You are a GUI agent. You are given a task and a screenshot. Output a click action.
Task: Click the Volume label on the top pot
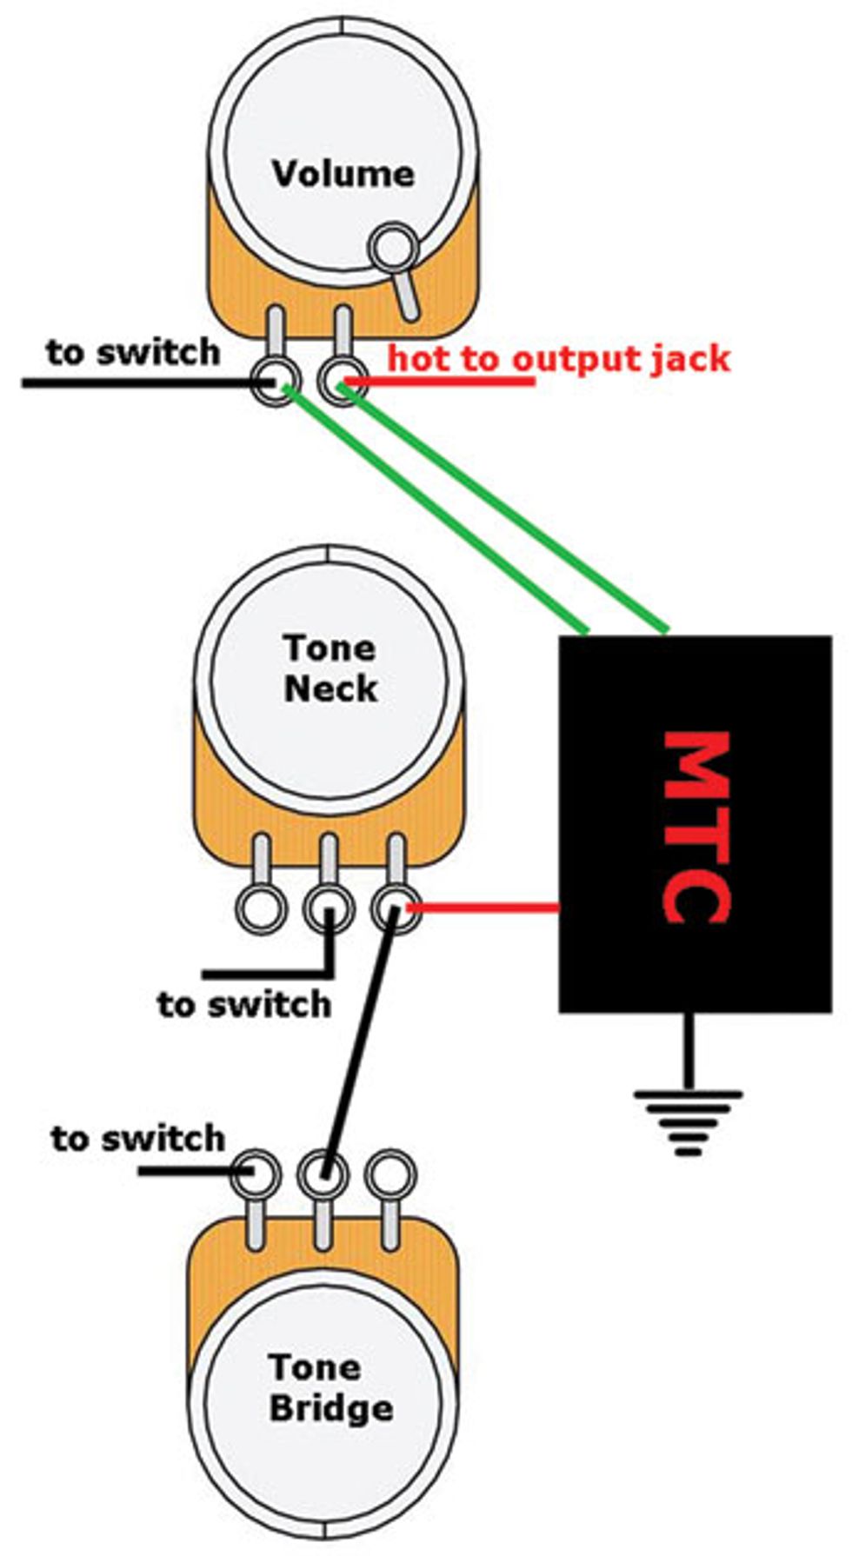[x=343, y=173]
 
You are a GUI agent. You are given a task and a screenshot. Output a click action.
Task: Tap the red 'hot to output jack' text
[x=558, y=358]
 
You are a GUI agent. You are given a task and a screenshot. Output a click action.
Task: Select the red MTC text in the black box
[x=696, y=827]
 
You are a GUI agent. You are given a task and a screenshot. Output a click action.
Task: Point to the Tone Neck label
[x=330, y=668]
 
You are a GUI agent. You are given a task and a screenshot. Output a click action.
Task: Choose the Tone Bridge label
[x=330, y=1387]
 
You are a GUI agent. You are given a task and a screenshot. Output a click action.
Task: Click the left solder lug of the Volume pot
[x=276, y=381]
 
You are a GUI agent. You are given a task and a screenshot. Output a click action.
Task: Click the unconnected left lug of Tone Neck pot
[x=261, y=909]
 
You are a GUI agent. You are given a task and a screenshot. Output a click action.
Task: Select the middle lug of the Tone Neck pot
[x=329, y=909]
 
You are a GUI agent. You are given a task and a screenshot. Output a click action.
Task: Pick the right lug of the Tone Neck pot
[x=396, y=909]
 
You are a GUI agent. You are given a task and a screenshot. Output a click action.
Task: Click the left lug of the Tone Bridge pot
[x=256, y=1174]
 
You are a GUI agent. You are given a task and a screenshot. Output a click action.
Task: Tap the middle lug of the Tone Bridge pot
[x=323, y=1174]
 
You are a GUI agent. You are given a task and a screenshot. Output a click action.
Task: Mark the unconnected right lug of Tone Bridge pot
[x=390, y=1174]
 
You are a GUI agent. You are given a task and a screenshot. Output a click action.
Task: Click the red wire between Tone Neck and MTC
[x=483, y=908]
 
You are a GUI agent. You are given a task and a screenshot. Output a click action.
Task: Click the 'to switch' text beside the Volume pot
[x=133, y=352]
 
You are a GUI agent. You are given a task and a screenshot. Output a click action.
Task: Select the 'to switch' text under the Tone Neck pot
[x=244, y=1004]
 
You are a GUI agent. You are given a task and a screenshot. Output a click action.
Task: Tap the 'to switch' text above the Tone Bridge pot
[x=138, y=1138]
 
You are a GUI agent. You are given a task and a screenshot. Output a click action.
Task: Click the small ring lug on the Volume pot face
[x=394, y=246]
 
